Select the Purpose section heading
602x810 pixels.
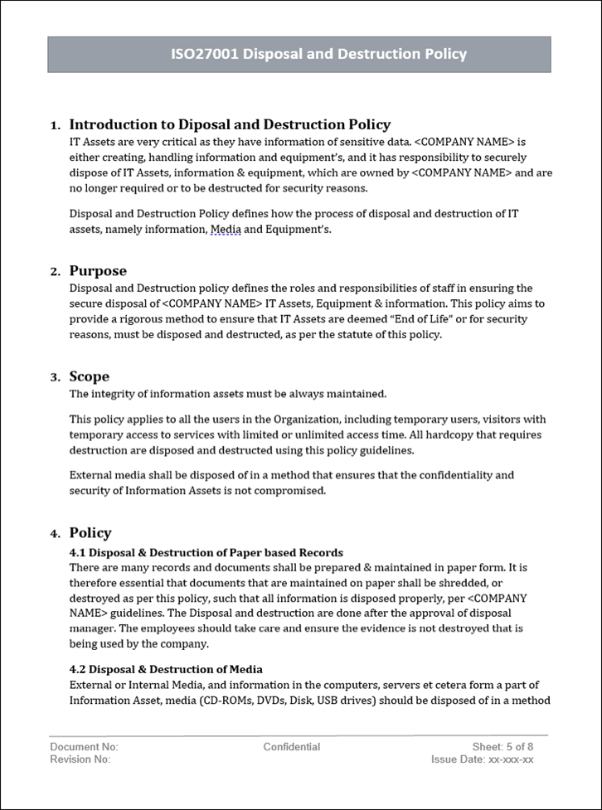pyautogui.click(x=98, y=271)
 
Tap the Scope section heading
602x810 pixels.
pyautogui.click(x=89, y=376)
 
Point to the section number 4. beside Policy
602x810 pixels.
pyautogui.click(x=55, y=534)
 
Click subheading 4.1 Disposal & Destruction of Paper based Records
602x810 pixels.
pyautogui.click(x=206, y=552)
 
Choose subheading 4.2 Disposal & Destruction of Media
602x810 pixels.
pyautogui.click(x=166, y=669)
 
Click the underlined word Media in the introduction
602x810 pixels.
pyautogui.click(x=226, y=229)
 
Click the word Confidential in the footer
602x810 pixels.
pyautogui.click(x=292, y=747)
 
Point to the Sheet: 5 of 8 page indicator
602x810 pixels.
pyautogui.click(x=502, y=747)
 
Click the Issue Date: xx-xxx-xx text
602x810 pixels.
pyautogui.click(x=482, y=759)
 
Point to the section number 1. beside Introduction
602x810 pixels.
pyautogui.click(x=55, y=126)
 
